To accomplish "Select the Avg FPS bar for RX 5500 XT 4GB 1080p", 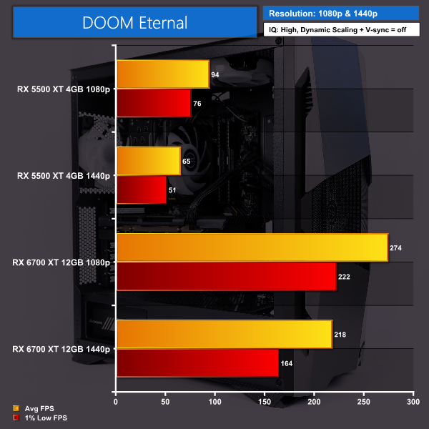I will (162, 74).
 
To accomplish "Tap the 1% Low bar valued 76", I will (153, 103).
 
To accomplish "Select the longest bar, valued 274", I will (252, 248).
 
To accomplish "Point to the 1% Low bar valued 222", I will (226, 277).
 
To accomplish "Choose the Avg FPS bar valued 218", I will (224, 335).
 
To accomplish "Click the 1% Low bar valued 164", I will (197, 363).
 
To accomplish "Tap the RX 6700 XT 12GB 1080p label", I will (61, 262).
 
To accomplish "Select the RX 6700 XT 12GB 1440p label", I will (61, 349).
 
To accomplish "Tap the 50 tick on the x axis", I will (165, 402).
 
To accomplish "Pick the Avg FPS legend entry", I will (36, 410).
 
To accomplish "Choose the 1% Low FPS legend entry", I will (40, 417).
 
